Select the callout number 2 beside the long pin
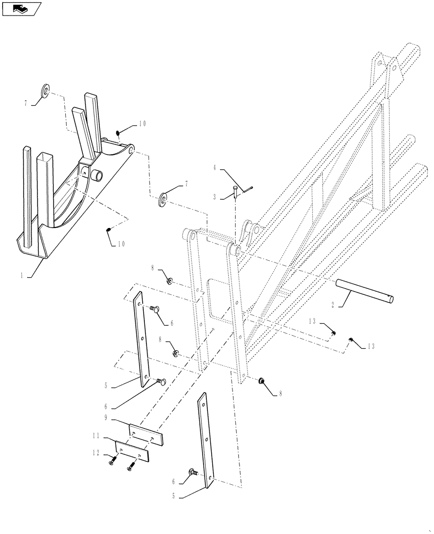pyautogui.click(x=333, y=305)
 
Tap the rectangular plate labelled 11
pyautogui.click(x=133, y=452)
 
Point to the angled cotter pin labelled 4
pyautogui.click(x=247, y=187)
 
